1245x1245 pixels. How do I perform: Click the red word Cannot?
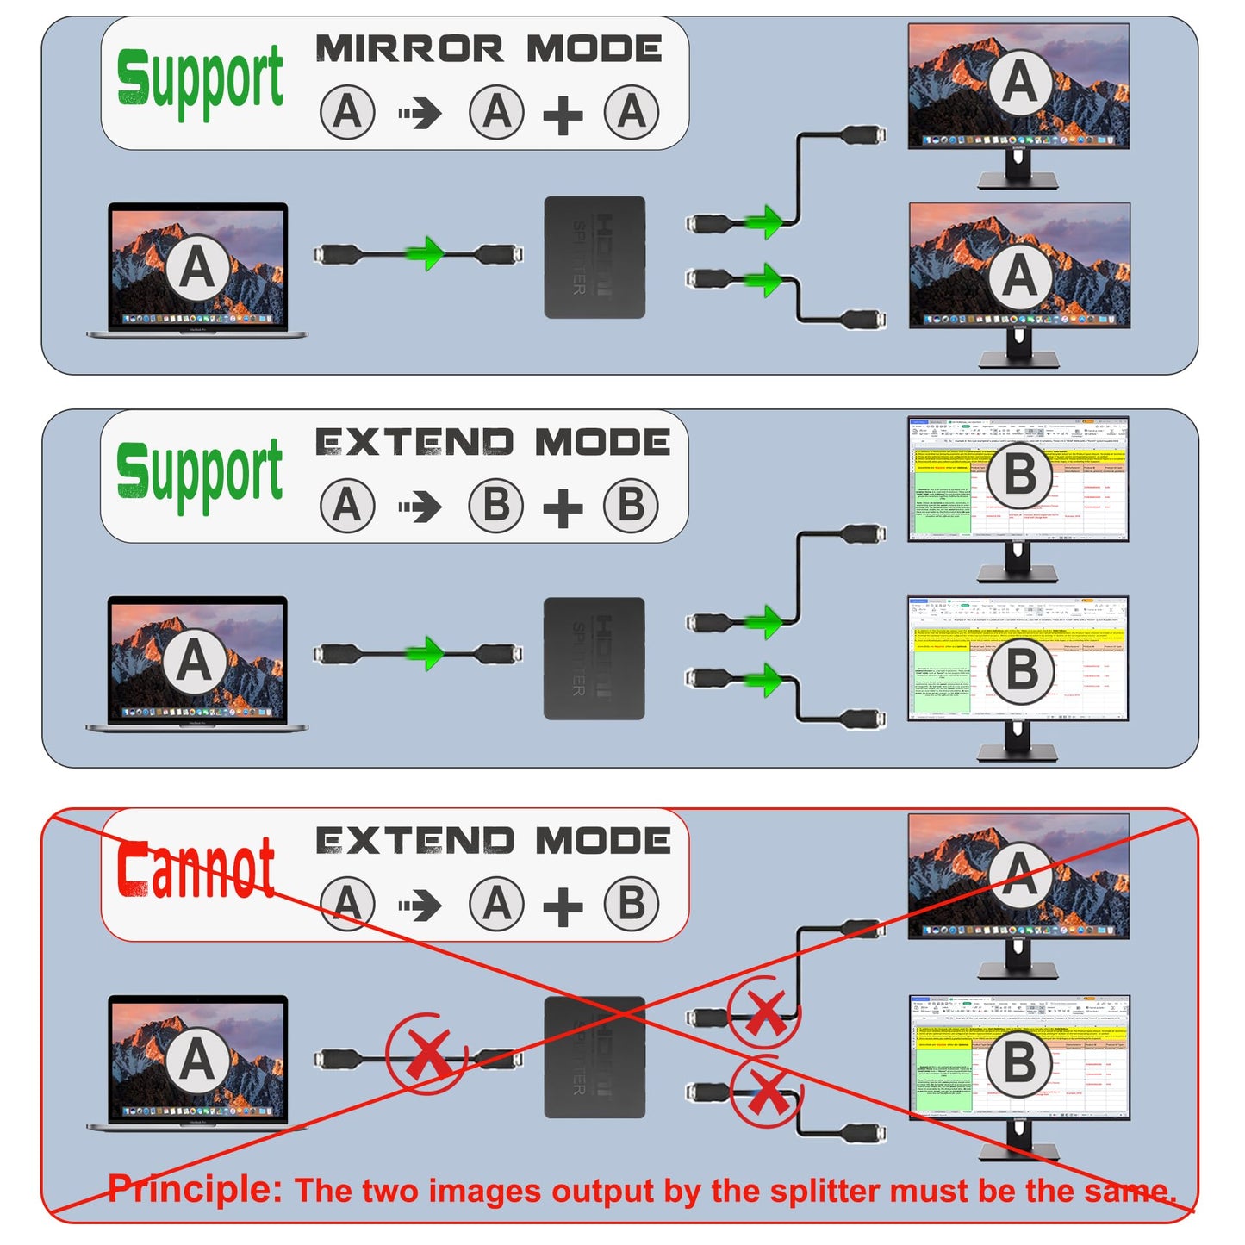196,868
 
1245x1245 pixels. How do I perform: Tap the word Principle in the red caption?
195,1189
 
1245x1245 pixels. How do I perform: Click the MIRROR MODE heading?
489,49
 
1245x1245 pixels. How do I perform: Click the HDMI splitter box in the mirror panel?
594,257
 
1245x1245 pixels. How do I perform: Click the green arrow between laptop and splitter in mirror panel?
426,253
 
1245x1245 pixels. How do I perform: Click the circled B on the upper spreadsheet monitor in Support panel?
1020,475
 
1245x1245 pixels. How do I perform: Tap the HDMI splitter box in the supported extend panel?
594,658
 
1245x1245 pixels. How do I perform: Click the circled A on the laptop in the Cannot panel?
196,1059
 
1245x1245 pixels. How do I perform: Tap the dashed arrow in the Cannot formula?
420,906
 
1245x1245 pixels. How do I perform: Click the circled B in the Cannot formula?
632,905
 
